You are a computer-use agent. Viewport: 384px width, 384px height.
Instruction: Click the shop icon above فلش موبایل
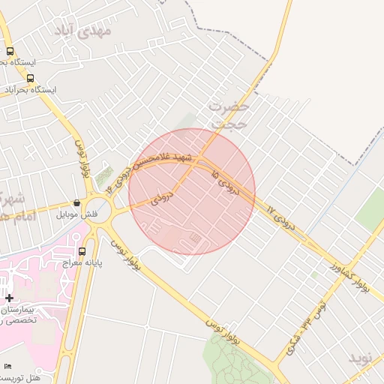pyautogui.click(x=77, y=202)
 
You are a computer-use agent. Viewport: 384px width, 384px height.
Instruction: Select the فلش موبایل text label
pyautogui.click(x=77, y=214)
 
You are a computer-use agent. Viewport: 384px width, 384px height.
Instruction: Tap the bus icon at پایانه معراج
pyautogui.click(x=82, y=251)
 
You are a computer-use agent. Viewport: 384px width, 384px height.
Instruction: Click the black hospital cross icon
pyautogui.click(x=9, y=298)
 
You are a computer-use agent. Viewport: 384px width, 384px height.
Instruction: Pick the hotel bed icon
pyautogui.click(x=8, y=365)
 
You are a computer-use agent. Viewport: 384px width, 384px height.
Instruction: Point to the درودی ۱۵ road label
pyautogui.click(x=226, y=183)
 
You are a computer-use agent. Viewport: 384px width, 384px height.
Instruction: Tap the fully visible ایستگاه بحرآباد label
pyautogui.click(x=30, y=90)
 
